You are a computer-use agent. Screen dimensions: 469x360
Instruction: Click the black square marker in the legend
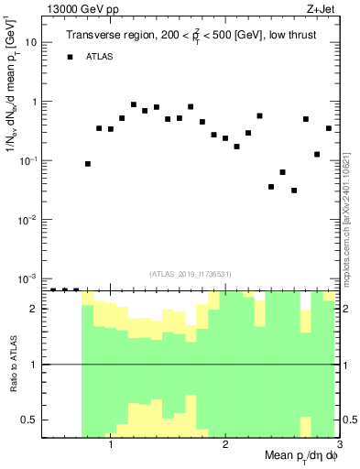click(x=70, y=57)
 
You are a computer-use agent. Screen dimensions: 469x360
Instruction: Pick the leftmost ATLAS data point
click(x=88, y=164)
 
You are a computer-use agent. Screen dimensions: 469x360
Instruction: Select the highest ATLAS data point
click(x=134, y=104)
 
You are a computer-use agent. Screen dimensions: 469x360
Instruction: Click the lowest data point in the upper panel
click(x=294, y=191)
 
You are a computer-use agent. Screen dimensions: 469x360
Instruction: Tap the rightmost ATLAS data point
click(x=328, y=128)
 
